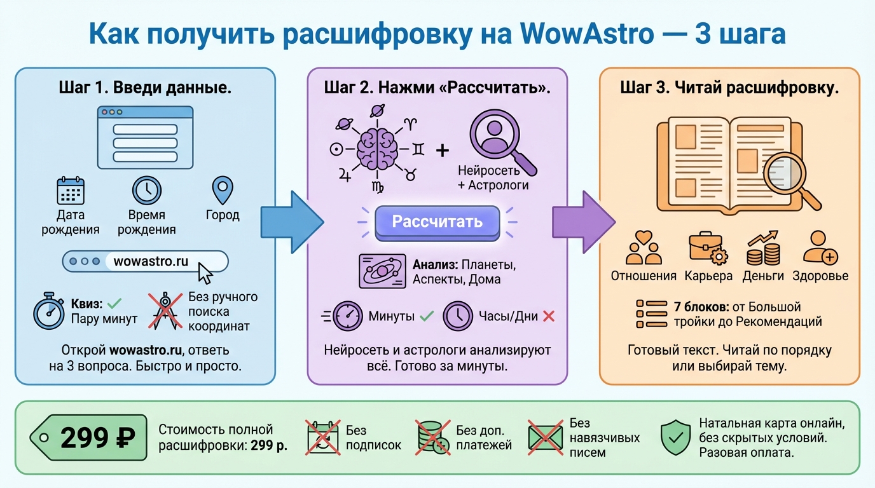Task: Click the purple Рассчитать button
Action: pos(437,222)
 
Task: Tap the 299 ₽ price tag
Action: pos(89,437)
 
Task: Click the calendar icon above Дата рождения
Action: pos(71,191)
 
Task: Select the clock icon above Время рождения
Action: pos(146,190)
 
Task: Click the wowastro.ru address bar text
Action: pos(151,261)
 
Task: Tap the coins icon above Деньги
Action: pos(763,250)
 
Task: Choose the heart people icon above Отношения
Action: pos(644,249)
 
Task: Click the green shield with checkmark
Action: pos(675,438)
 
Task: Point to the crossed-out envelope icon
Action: pos(545,437)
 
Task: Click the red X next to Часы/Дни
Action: pos(549,316)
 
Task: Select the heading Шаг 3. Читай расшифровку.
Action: pos(729,88)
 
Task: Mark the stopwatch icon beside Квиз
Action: pos(49,311)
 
